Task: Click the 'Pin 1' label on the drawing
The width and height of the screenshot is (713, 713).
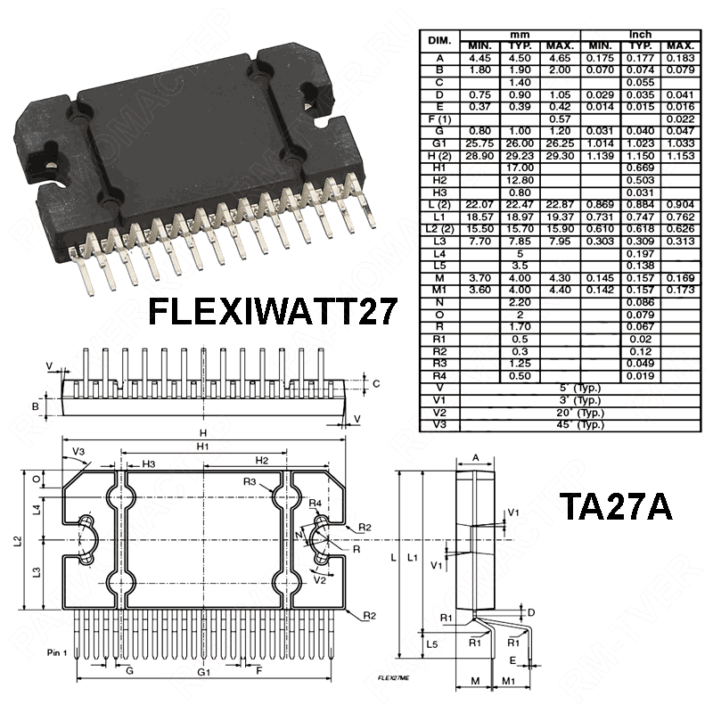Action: tap(59, 653)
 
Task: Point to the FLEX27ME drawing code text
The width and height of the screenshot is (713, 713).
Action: tap(393, 677)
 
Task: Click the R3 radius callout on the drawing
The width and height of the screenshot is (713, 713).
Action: tap(251, 482)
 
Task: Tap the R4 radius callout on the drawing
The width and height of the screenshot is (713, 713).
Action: tap(316, 503)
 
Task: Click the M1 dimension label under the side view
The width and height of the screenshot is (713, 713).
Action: tap(509, 682)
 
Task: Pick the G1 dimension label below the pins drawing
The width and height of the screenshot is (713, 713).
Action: tap(204, 670)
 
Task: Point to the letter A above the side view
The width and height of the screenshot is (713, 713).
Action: tap(475, 457)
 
